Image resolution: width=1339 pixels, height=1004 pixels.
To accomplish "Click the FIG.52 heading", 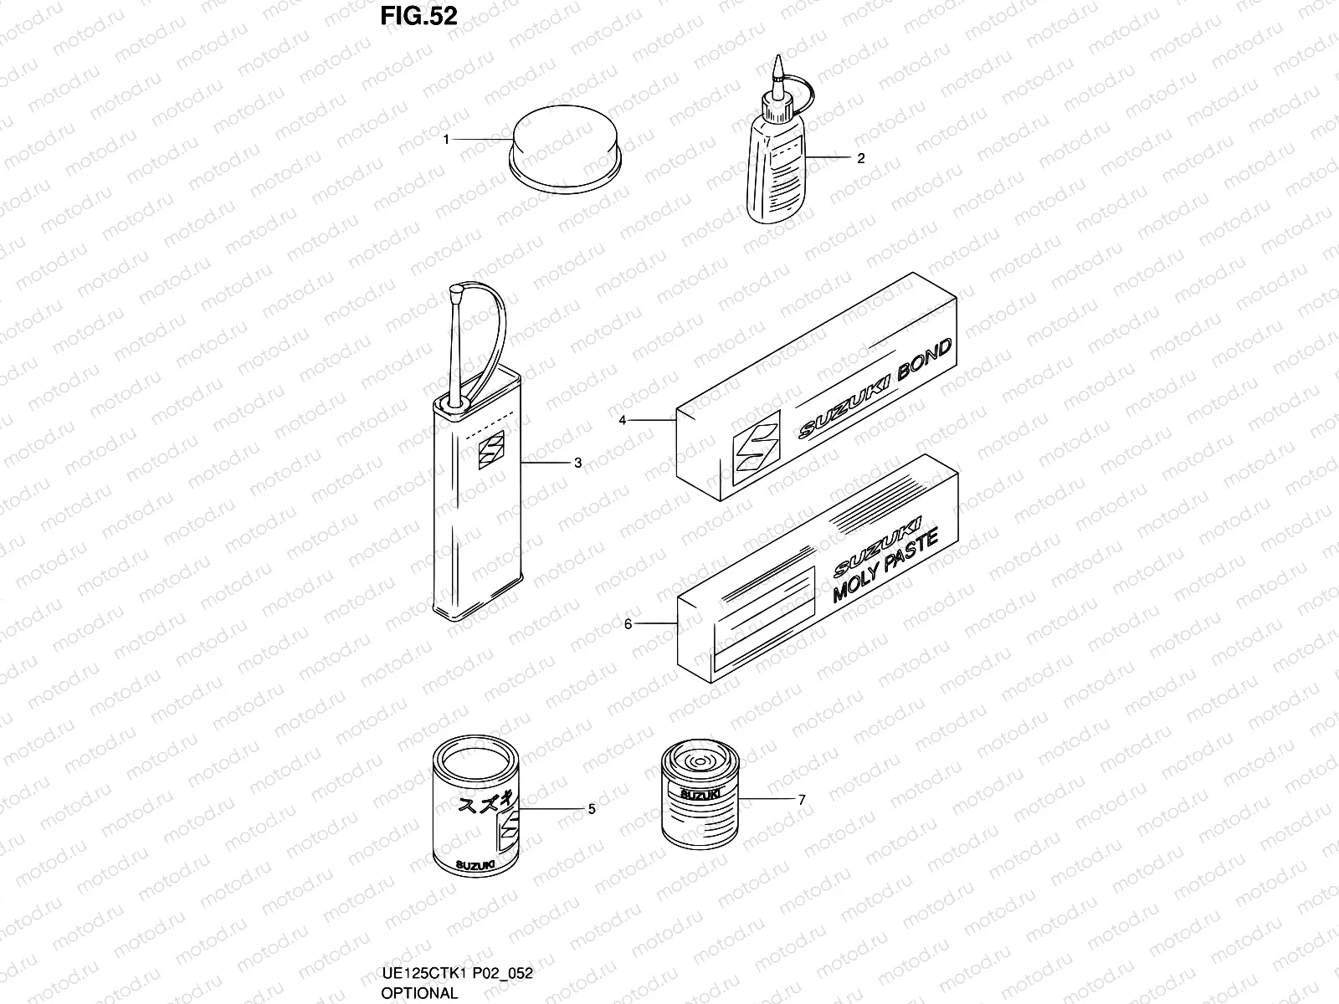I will (418, 16).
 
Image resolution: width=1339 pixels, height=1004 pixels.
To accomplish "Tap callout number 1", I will (447, 139).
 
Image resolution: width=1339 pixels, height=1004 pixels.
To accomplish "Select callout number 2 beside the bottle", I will (860, 157).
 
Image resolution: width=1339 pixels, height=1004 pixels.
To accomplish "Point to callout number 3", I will (577, 463).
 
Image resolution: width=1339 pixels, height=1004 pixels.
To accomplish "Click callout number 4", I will (623, 420).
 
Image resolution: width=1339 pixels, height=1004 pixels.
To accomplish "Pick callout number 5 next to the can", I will (592, 809).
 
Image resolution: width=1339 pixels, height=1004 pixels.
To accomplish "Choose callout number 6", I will (628, 623).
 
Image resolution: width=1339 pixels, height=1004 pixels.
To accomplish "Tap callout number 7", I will (802, 800).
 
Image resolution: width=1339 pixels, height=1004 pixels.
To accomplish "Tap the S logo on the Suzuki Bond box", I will (755, 448).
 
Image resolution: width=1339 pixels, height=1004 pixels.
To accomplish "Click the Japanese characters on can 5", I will (483, 807).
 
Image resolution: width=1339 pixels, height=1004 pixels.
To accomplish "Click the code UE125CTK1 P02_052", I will (457, 973).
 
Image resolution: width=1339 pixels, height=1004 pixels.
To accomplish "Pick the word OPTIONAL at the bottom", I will (419, 993).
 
